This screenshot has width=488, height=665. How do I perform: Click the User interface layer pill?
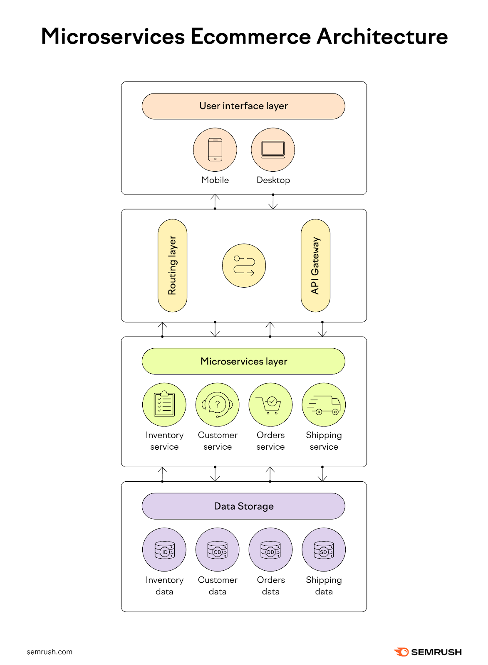coord(243,106)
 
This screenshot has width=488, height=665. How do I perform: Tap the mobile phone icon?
coord(215,150)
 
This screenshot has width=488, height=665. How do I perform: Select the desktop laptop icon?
coord(273,150)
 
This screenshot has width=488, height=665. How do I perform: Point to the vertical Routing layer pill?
coord(172,266)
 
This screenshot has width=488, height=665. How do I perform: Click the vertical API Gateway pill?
coord(315,266)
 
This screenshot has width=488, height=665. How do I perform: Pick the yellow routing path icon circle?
coord(244,266)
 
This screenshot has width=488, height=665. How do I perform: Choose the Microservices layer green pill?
coord(243,361)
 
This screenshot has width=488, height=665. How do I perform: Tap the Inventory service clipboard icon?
coord(164,404)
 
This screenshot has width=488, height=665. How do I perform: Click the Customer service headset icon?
coord(217,404)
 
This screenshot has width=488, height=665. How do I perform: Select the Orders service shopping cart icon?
coord(270,404)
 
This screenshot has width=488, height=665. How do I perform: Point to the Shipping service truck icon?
coord(324,404)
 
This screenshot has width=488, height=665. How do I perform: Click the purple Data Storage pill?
coord(243,506)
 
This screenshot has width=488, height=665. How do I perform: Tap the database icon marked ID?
coord(164,549)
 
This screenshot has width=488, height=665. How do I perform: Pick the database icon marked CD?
coord(217,549)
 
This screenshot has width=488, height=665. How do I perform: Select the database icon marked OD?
coord(270,549)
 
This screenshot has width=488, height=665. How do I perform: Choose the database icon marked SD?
coord(324,549)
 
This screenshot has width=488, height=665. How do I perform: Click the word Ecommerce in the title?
coord(250,37)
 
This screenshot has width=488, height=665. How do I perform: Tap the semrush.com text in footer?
coord(50,652)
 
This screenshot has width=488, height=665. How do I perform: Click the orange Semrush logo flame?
coord(402,652)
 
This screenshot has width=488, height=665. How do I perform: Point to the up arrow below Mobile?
coord(215,202)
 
